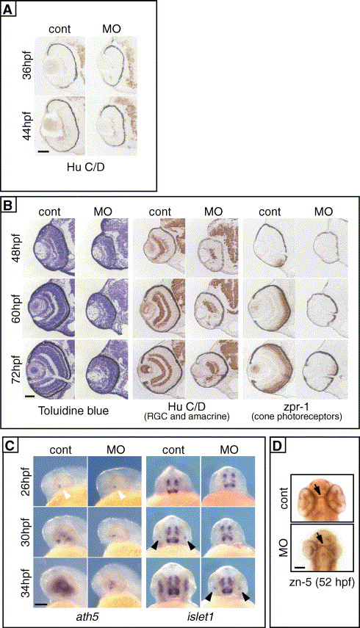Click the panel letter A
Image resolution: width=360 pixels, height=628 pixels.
point(8,10)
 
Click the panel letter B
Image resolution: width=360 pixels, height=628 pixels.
point(8,205)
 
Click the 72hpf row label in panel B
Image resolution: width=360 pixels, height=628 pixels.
point(17,369)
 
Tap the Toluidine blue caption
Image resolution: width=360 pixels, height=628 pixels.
point(73,411)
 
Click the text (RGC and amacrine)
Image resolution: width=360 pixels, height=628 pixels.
point(187,417)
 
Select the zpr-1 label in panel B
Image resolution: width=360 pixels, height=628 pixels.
point(296,408)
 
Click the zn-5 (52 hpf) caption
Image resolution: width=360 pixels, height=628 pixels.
point(323,582)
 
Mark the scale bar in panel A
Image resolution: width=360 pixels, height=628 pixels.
point(43,151)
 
